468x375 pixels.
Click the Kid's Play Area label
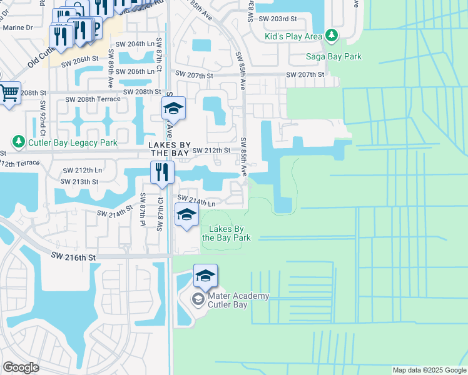293,36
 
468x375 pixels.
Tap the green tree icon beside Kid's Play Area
331,36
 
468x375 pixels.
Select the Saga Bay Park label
333,57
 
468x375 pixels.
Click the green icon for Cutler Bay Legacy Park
19,142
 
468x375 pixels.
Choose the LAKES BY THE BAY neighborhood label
168,148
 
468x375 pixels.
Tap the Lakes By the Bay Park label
226,233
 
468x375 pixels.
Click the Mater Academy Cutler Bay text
230,300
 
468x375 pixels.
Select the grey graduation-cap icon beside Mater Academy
198,300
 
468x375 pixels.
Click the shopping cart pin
9,94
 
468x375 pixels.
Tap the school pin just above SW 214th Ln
186,216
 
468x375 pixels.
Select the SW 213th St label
79,181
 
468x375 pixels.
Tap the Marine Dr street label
18,27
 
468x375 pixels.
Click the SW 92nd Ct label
43,118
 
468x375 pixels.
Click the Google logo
21,367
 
